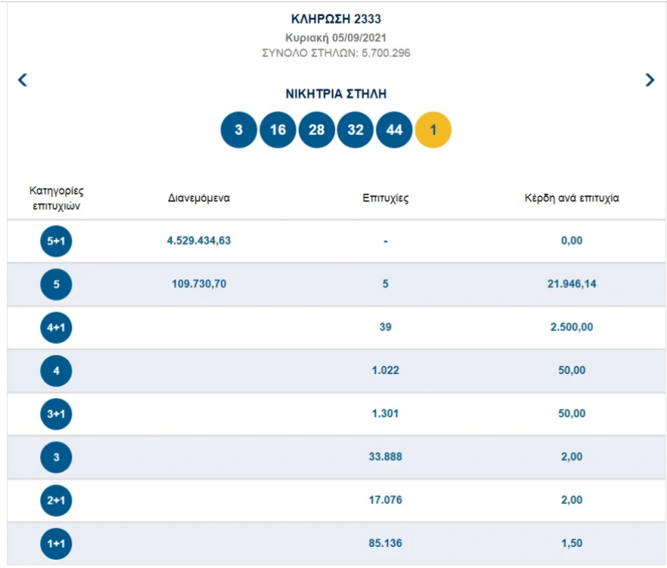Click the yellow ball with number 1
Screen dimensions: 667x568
tap(433, 130)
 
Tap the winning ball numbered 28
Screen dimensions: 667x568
tap(316, 130)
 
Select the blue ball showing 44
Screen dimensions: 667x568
tap(395, 130)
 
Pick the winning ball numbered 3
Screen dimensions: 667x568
tap(238, 130)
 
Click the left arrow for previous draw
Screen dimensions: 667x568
tap(23, 79)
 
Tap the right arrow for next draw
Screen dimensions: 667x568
tap(650, 79)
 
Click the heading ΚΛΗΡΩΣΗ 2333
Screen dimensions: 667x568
tap(336, 19)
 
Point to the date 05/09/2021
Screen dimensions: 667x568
tap(359, 38)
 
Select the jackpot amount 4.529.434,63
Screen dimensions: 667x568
tap(198, 241)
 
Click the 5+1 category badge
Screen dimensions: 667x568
tap(56, 241)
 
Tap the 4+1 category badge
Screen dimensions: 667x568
tap(56, 327)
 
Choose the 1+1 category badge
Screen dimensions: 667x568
tap(56, 543)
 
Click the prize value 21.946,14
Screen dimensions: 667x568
tap(572, 284)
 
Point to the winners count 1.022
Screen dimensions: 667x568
tap(386, 370)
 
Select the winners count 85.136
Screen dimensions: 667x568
tap(386, 543)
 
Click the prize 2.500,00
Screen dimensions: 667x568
tap(572, 327)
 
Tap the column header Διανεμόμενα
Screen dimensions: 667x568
tap(198, 198)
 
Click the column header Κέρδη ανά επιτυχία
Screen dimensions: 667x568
tap(572, 198)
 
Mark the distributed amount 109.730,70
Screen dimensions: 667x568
tap(198, 284)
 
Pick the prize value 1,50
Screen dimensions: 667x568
tap(572, 543)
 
